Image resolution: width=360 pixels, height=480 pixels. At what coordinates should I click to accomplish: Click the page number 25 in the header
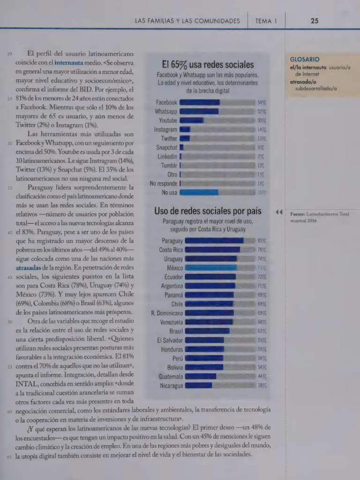click(315, 21)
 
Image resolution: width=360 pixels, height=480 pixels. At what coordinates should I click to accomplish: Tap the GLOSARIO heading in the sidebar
click(305, 60)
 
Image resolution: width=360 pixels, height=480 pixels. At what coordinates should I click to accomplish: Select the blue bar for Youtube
click(192, 120)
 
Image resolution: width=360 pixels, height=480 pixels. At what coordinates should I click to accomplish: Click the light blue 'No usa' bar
click(199, 192)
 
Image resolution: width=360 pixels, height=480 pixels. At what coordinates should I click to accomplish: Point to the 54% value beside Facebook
click(262, 103)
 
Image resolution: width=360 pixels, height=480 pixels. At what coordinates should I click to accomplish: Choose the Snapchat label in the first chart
click(166, 148)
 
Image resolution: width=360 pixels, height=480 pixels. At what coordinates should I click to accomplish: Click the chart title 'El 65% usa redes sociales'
click(208, 65)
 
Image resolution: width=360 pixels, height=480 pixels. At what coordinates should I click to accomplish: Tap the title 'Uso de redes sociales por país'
click(208, 211)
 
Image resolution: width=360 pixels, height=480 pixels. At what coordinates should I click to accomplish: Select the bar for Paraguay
click(214, 240)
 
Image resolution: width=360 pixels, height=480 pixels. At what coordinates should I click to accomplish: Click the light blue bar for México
click(211, 268)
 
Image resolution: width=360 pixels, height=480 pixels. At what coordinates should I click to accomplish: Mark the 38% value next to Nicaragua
click(262, 386)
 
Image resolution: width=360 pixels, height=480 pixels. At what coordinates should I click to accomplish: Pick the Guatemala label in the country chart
click(171, 376)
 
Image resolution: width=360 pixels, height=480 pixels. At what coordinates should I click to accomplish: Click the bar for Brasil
click(207, 331)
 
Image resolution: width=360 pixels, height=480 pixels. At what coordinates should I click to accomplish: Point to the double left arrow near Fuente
click(278, 212)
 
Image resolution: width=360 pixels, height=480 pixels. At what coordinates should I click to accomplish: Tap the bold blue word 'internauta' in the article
click(69, 63)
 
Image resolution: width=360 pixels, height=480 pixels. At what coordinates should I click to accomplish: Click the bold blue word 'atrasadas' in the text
click(28, 268)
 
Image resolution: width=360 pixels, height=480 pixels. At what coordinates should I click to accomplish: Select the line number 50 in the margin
click(10, 322)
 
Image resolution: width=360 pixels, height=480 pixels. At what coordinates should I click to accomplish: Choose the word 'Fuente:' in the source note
click(297, 214)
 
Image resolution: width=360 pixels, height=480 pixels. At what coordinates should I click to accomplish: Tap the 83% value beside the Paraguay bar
click(262, 241)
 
